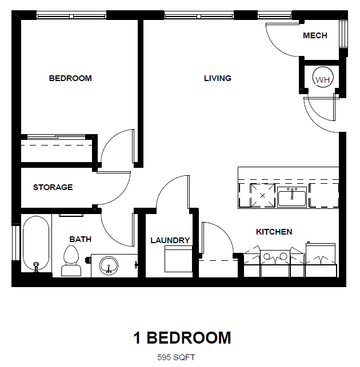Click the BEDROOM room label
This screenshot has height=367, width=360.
point(70,78)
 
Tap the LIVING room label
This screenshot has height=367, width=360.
point(218,78)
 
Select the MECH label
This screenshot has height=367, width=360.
point(315,35)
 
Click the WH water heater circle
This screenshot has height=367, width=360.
point(323,79)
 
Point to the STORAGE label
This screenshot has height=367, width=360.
point(53,187)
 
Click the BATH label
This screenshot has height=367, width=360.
point(81,239)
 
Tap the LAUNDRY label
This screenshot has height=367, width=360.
point(170,240)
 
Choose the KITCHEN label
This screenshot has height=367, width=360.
point(274,232)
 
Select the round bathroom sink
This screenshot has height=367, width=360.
point(109,265)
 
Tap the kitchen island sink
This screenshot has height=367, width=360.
point(292,197)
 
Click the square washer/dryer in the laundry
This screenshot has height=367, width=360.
point(177,260)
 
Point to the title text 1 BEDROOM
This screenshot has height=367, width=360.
point(182,337)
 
